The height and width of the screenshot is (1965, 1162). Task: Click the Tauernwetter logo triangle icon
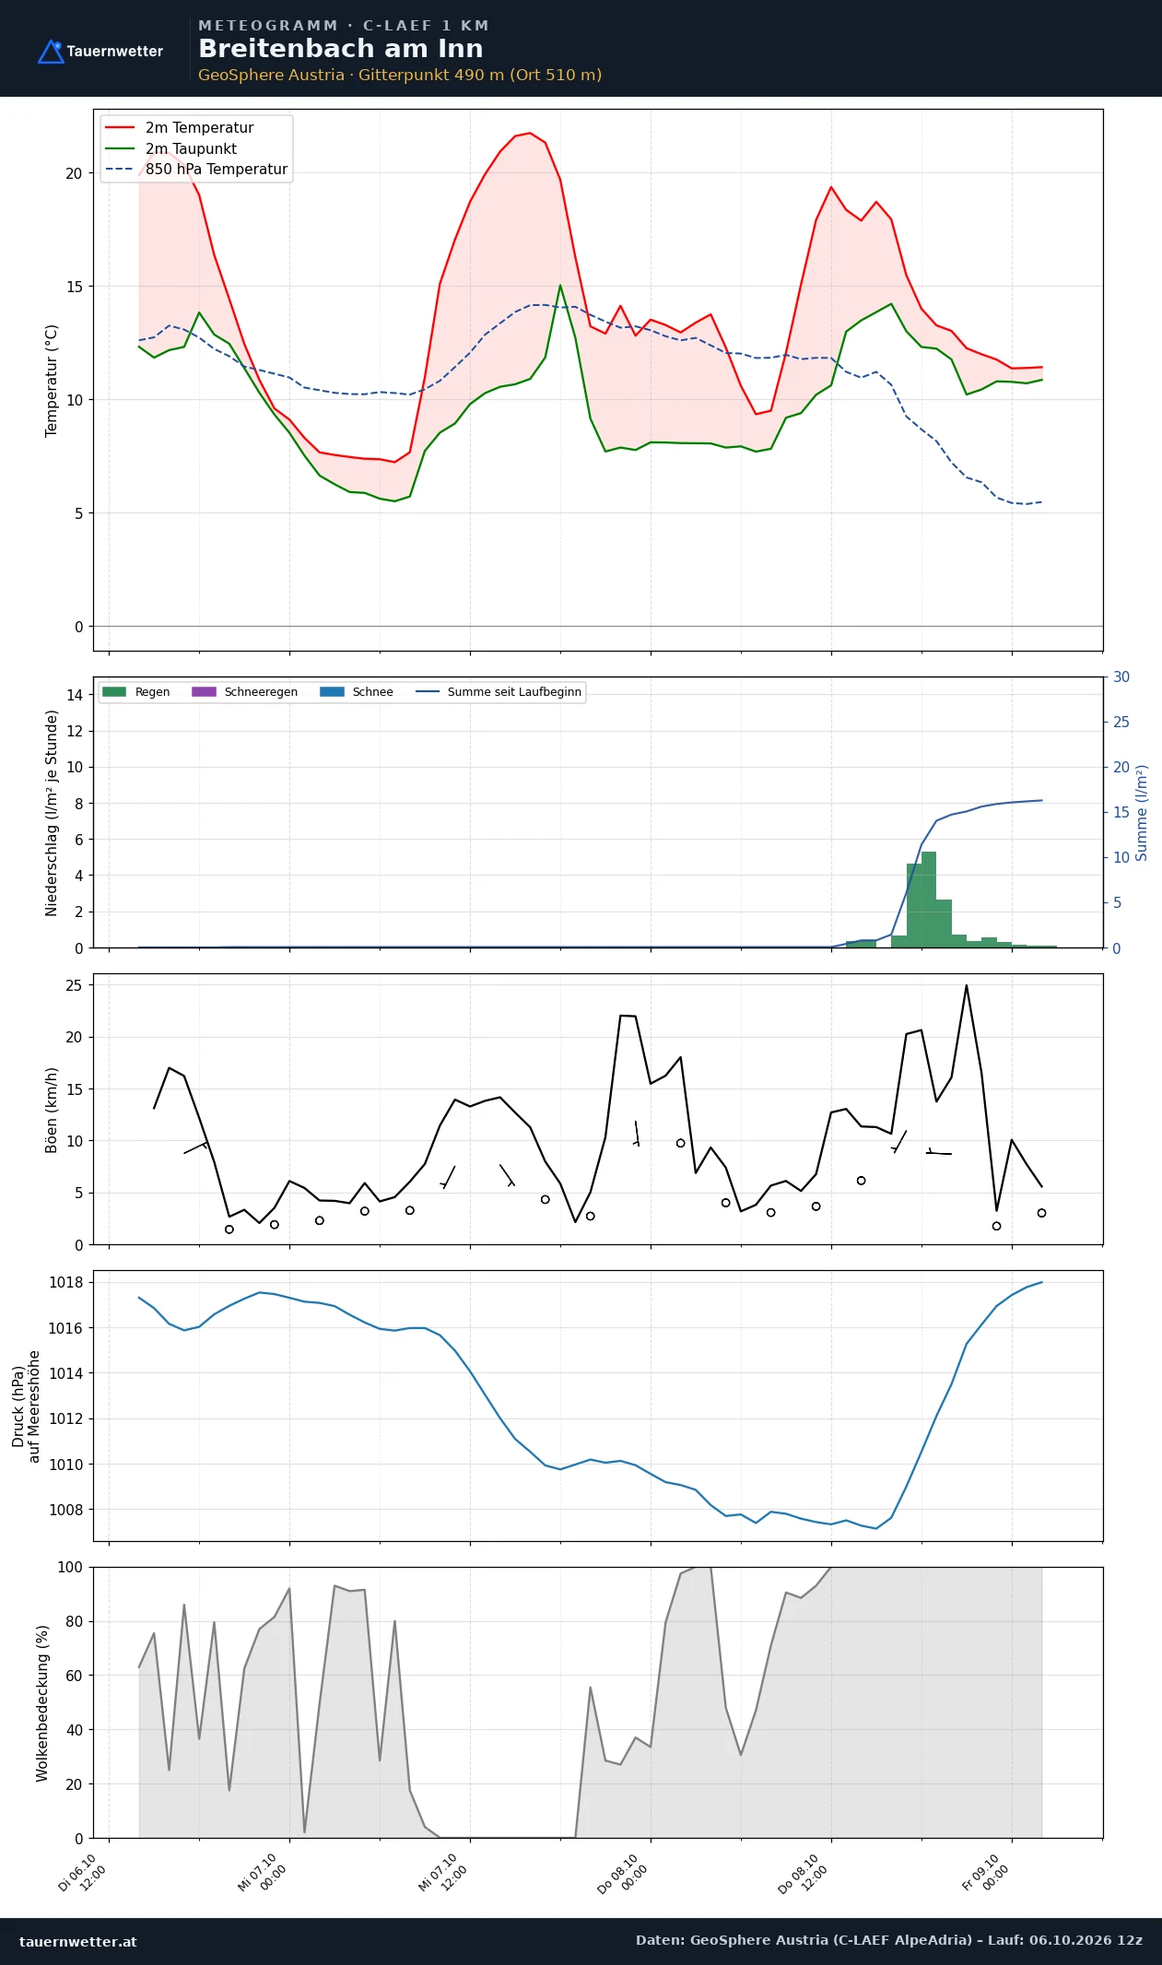click(x=51, y=52)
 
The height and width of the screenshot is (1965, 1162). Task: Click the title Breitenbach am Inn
click(x=340, y=49)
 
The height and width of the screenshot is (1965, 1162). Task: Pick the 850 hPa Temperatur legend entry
click(x=196, y=170)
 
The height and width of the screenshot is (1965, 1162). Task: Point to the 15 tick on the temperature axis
click(x=74, y=287)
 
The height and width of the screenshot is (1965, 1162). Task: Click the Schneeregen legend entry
click(x=245, y=692)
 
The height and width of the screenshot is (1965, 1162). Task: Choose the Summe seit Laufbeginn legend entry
click(x=499, y=692)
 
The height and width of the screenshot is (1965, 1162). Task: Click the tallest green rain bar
click(x=929, y=900)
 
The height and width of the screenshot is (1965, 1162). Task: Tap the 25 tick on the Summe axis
click(x=1121, y=722)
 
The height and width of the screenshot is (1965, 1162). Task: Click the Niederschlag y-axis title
click(x=52, y=813)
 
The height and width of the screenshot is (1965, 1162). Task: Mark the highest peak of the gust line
click(x=967, y=985)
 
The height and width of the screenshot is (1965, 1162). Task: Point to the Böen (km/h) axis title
click(x=52, y=1110)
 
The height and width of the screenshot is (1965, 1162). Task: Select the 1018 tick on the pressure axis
click(x=65, y=1282)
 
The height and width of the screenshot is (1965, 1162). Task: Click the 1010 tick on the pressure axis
click(x=65, y=1464)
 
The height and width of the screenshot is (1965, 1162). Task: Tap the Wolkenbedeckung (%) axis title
click(x=42, y=1703)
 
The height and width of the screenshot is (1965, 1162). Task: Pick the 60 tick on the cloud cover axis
click(x=74, y=1676)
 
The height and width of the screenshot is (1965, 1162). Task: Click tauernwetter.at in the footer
click(x=77, y=1941)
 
